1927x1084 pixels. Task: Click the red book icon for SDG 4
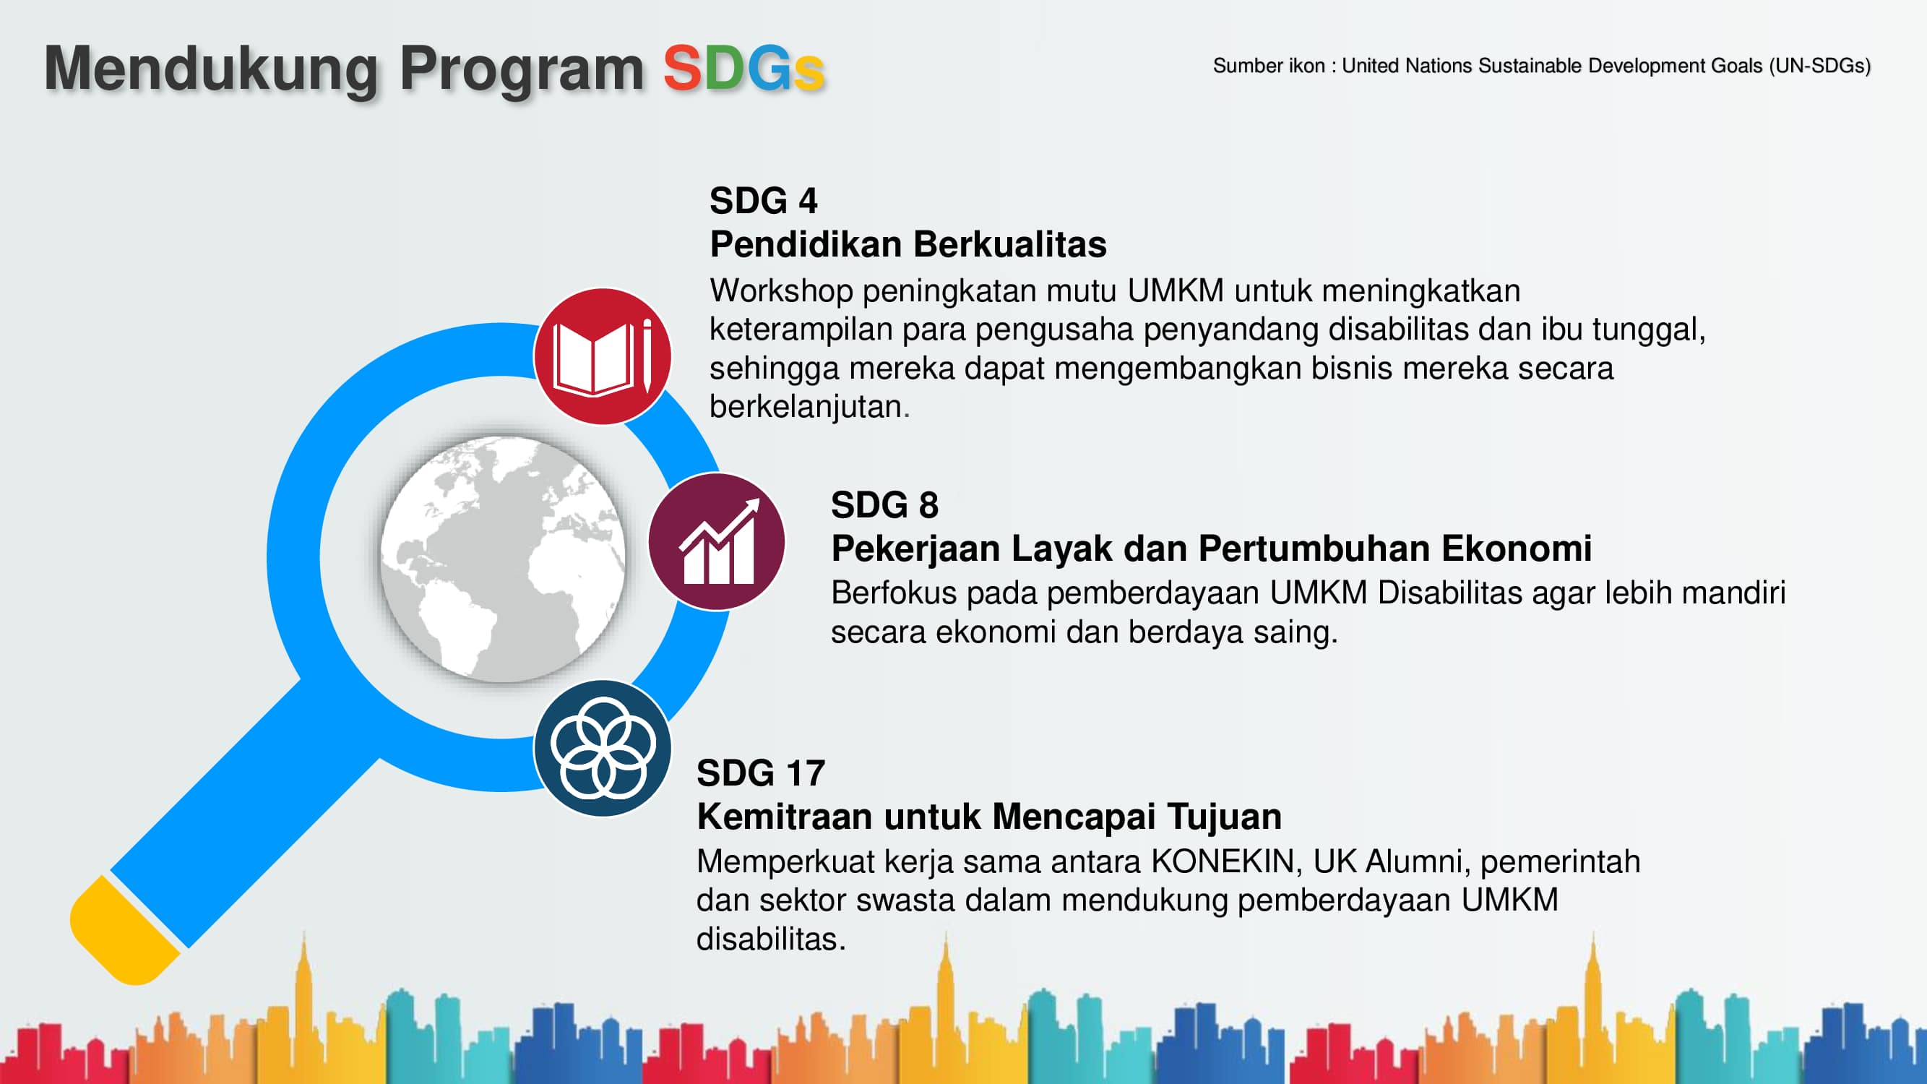(x=602, y=356)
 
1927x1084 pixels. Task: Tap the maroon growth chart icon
(x=716, y=541)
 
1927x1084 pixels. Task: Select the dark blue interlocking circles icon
(x=602, y=747)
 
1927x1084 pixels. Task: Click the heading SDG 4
(x=763, y=200)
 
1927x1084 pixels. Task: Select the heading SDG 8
(x=884, y=505)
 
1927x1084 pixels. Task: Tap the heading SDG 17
(x=760, y=773)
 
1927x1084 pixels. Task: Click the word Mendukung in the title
(x=211, y=69)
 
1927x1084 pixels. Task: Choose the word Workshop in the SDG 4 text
(x=781, y=291)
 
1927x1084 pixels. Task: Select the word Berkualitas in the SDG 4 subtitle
(x=1010, y=245)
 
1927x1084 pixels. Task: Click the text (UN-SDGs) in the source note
(x=1819, y=66)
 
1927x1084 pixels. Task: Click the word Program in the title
(x=522, y=69)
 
